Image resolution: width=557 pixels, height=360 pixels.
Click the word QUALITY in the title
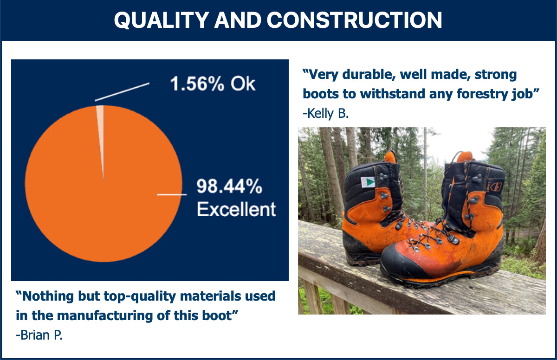(161, 20)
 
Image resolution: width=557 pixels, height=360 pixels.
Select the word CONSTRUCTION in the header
(354, 20)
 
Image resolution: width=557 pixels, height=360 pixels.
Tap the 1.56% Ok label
(213, 84)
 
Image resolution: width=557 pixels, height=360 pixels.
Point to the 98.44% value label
(229, 186)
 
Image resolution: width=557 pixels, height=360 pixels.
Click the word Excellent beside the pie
(236, 209)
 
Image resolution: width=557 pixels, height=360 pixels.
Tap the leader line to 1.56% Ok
(122, 92)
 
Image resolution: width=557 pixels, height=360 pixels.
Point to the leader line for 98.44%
(172, 194)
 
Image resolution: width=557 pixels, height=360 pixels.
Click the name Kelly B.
(326, 114)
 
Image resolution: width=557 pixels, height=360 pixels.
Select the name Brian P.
(39, 335)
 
